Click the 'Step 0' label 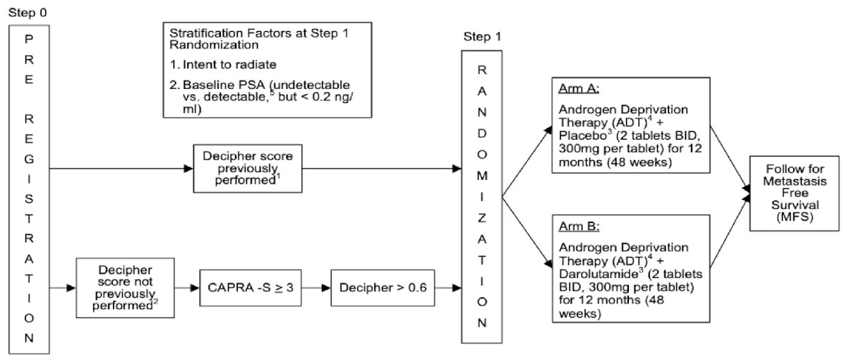click(x=28, y=13)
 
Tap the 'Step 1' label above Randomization click(x=482, y=37)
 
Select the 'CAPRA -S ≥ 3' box click(x=251, y=288)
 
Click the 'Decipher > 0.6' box click(x=383, y=288)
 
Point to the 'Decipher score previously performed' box click(x=248, y=168)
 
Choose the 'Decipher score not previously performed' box click(x=125, y=288)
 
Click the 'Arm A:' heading click(x=579, y=88)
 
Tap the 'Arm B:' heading click(x=579, y=226)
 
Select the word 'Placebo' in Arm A click(x=582, y=136)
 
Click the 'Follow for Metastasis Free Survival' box click(x=795, y=193)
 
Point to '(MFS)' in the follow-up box click(x=795, y=217)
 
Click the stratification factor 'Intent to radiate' click(x=229, y=65)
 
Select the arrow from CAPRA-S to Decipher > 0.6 click(x=316, y=288)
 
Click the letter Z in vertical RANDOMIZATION click(x=481, y=218)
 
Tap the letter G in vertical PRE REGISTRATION click(x=29, y=159)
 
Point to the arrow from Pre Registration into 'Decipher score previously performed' click(x=121, y=168)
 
